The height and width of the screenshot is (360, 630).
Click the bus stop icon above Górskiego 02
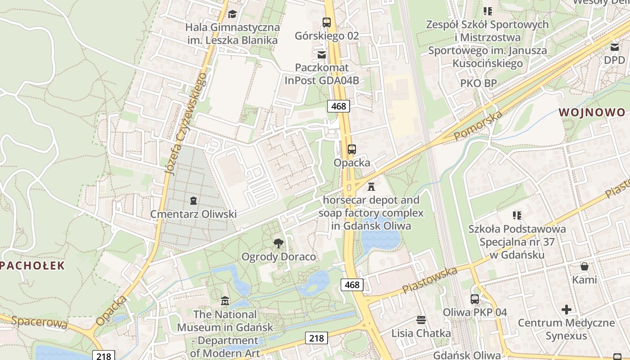[327, 22]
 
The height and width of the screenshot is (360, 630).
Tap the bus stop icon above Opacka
[352, 149]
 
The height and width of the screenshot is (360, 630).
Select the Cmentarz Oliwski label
[193, 214]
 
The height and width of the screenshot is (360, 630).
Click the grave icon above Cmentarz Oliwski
[193, 201]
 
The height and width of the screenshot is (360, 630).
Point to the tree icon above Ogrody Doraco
[279, 243]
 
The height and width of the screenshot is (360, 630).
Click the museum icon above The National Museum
[225, 301]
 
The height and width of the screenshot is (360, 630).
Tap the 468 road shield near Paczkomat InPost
[338, 106]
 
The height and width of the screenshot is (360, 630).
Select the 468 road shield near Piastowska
[352, 284]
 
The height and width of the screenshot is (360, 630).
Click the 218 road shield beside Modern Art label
[316, 338]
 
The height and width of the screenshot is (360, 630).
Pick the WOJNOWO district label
[592, 112]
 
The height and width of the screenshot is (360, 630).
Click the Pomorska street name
[478, 126]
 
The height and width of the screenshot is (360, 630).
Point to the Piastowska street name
[430, 280]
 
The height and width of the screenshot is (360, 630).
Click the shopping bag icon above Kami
[585, 266]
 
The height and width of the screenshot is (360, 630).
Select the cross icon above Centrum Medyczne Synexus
[567, 310]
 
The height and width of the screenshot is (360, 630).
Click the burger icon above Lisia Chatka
[421, 320]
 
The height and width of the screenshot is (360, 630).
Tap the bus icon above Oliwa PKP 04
[475, 299]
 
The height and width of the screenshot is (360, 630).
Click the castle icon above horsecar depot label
[371, 186]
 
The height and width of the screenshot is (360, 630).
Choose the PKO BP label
[478, 83]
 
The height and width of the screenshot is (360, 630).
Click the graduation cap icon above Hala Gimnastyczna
[232, 14]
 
